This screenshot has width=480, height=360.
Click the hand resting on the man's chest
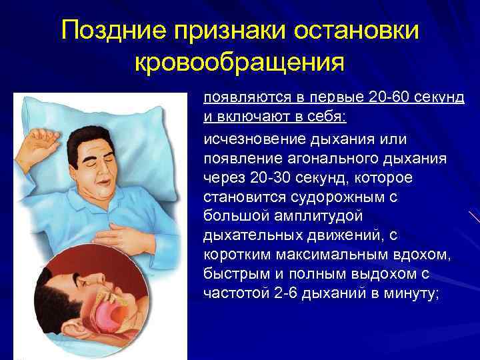tap(131, 235)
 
